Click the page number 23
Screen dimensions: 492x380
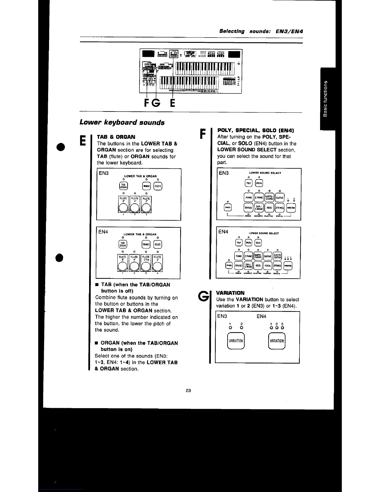click(x=188, y=390)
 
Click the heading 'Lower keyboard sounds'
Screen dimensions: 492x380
click(x=122, y=122)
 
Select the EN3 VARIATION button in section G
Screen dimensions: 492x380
click(x=236, y=341)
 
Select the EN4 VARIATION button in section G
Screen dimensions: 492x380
click(x=276, y=341)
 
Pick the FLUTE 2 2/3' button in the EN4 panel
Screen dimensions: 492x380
click(x=146, y=263)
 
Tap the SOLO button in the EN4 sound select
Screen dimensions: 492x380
click(x=258, y=243)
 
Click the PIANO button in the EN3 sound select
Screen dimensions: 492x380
click(x=249, y=197)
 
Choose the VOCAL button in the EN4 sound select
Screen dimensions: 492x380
click(x=268, y=266)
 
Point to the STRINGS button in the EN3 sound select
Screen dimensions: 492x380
click(x=280, y=208)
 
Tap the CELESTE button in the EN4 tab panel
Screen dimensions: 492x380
click(x=158, y=244)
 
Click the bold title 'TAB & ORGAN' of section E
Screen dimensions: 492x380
click(x=116, y=137)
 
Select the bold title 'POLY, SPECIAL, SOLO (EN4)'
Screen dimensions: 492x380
click(x=256, y=130)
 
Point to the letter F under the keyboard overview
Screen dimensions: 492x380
click(x=147, y=102)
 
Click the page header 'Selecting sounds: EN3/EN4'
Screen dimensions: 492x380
click(x=261, y=31)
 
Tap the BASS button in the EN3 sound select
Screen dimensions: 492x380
click(x=228, y=207)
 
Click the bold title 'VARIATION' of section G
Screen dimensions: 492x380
click(x=230, y=293)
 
